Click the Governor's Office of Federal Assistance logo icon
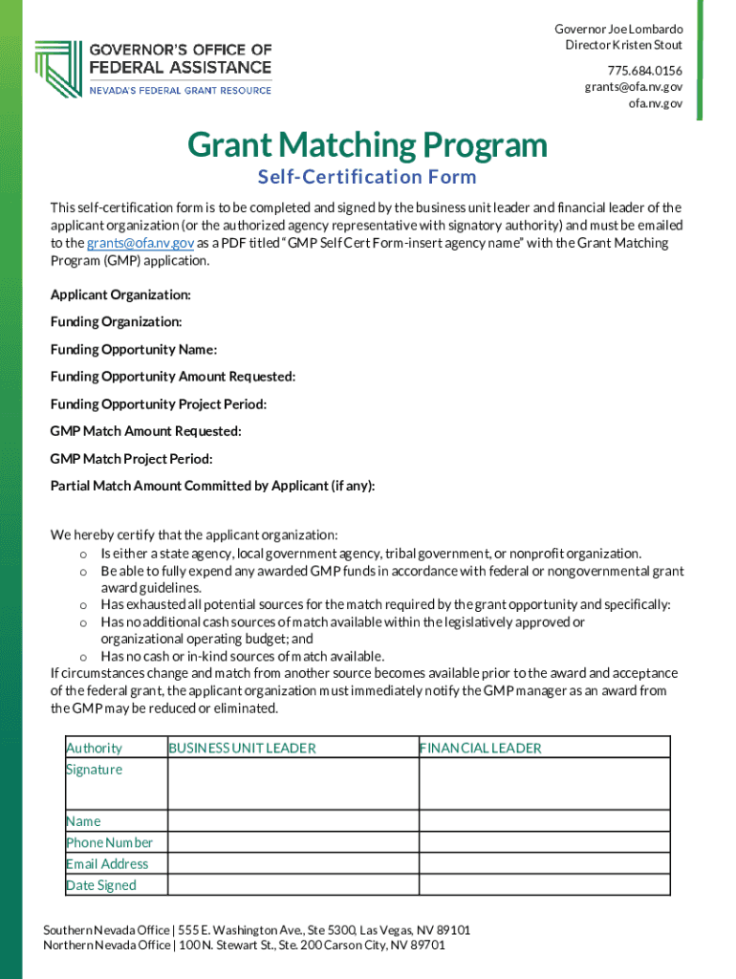click(56, 69)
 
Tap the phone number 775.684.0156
click(644, 70)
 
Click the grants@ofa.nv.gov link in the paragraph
click(141, 243)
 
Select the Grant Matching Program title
click(367, 145)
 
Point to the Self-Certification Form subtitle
click(367, 177)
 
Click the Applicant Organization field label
click(120, 294)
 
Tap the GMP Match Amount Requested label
click(145, 431)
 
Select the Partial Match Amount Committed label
click(212, 486)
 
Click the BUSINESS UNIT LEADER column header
click(242, 748)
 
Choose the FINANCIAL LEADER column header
click(480, 748)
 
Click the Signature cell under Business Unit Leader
click(292, 784)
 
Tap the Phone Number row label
click(109, 842)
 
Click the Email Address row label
click(107, 863)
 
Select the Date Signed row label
click(100, 885)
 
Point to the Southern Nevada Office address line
click(256, 930)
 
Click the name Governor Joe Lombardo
click(618, 29)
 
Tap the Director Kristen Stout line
click(623, 45)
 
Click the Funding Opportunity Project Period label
click(159, 404)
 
